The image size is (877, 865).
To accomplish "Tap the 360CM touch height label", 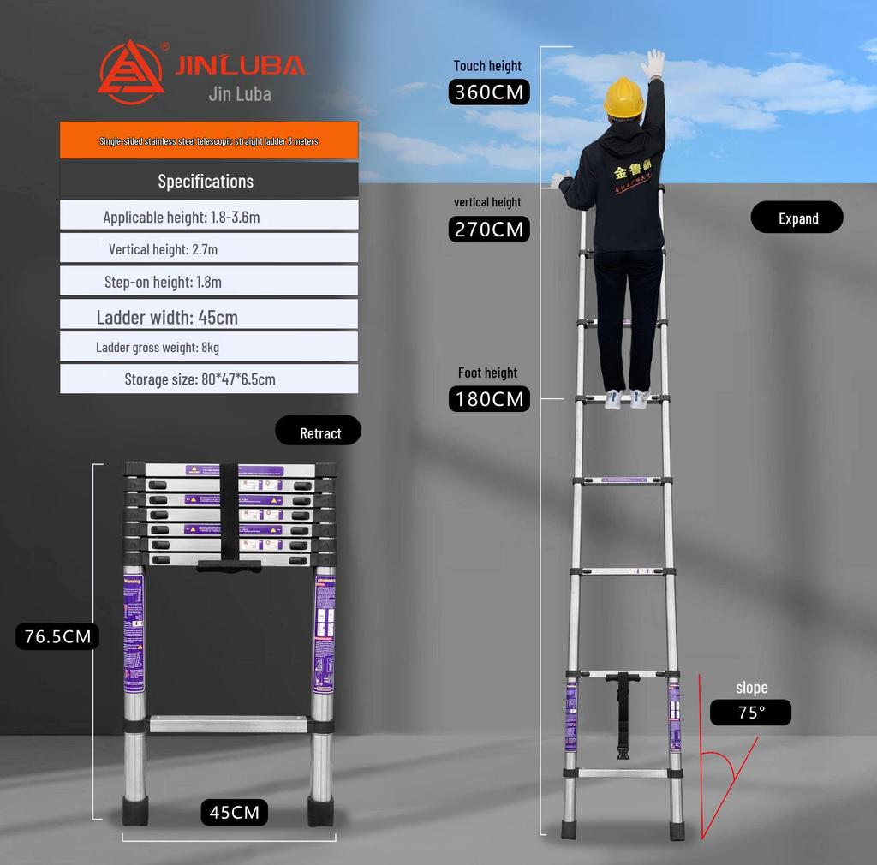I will [x=489, y=92].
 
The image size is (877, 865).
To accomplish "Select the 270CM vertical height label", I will [x=489, y=230].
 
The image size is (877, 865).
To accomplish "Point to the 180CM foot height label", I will [x=489, y=399].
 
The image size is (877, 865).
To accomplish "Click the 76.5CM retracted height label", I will [x=57, y=636].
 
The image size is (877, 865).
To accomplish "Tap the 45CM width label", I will [x=235, y=812].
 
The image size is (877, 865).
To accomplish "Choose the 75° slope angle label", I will [x=750, y=713].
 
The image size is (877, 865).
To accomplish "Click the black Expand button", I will [x=797, y=218].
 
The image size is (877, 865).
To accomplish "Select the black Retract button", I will [x=319, y=432].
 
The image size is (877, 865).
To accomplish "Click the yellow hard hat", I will [x=623, y=97].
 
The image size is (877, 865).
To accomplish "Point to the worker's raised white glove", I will [x=653, y=63].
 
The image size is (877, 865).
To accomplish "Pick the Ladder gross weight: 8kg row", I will [x=209, y=347].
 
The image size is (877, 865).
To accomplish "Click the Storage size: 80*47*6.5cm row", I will [x=209, y=379].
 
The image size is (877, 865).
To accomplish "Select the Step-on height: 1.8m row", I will [x=209, y=282].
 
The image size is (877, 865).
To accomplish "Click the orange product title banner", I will [x=209, y=140].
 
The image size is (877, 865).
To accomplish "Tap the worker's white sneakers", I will [x=626, y=399].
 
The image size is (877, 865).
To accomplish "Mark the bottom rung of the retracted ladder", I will [x=229, y=725].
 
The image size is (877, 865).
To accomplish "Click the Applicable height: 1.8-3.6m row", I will [x=209, y=217].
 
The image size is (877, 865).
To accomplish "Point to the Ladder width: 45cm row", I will [x=209, y=316].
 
